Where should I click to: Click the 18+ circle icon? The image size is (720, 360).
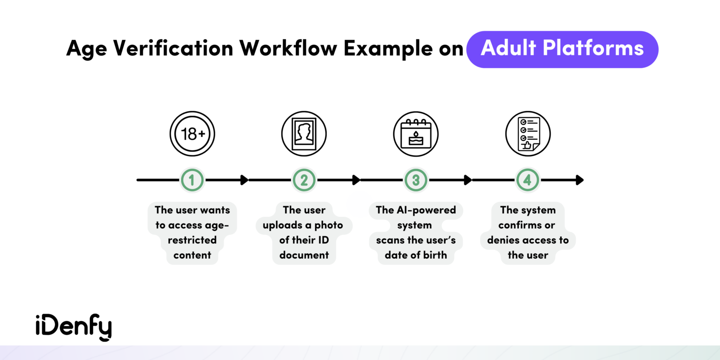[x=192, y=134]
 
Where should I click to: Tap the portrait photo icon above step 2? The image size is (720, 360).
[x=304, y=134]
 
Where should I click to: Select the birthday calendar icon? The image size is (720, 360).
[x=416, y=134]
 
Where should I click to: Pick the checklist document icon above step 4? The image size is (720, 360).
[x=528, y=134]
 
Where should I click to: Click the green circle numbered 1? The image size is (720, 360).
[x=193, y=180]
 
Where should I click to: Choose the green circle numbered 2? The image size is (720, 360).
[x=304, y=180]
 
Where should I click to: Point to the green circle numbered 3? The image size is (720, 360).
[x=416, y=180]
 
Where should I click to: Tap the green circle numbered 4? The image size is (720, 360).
[x=528, y=180]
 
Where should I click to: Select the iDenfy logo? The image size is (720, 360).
[x=74, y=328]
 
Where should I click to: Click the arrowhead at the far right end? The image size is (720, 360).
[x=580, y=180]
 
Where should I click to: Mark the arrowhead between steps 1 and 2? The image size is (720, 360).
[x=244, y=180]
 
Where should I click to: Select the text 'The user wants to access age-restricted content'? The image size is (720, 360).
[x=192, y=232]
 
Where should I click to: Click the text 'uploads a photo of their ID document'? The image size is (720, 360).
[x=303, y=240]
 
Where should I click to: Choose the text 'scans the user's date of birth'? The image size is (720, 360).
[x=416, y=247]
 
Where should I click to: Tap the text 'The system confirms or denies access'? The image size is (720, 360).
[x=528, y=232]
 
